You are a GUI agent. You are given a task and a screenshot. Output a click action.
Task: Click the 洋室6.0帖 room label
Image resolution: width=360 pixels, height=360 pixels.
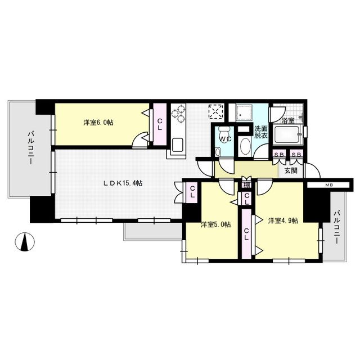tap(98, 123)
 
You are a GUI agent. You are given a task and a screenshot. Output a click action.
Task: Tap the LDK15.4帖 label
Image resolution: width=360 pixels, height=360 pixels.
tap(123, 183)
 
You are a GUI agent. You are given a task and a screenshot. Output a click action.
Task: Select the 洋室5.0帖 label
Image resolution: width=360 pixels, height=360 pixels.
tap(216, 224)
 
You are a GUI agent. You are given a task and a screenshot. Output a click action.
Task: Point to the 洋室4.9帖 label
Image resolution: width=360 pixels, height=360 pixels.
tap(283, 220)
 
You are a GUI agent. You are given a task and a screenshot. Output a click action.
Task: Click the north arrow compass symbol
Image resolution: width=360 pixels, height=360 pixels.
tap(25, 242)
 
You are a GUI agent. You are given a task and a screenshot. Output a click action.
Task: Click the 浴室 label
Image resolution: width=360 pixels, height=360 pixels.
tap(289, 121)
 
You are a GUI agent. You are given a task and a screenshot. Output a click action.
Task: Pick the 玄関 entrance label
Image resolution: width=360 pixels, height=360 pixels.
tap(291, 170)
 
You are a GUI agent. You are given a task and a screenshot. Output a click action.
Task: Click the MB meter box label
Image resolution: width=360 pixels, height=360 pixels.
tap(328, 185)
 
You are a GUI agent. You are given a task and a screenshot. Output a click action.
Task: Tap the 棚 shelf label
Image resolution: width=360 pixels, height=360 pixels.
tap(246, 185)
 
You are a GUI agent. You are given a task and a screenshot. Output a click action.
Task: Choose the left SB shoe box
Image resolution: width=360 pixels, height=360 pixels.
tap(279, 155)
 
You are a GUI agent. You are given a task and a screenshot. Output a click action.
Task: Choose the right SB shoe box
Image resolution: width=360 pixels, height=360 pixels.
tap(296, 155)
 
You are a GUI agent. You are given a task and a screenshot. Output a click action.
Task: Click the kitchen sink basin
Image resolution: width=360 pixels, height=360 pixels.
tap(178, 145)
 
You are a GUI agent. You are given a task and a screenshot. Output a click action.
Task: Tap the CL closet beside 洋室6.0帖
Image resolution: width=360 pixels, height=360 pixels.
tap(160, 124)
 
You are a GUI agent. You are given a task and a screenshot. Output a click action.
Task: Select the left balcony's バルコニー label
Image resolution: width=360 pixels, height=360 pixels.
tap(30, 147)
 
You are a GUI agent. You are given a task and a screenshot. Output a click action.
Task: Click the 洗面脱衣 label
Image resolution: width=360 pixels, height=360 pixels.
tap(261, 132)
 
